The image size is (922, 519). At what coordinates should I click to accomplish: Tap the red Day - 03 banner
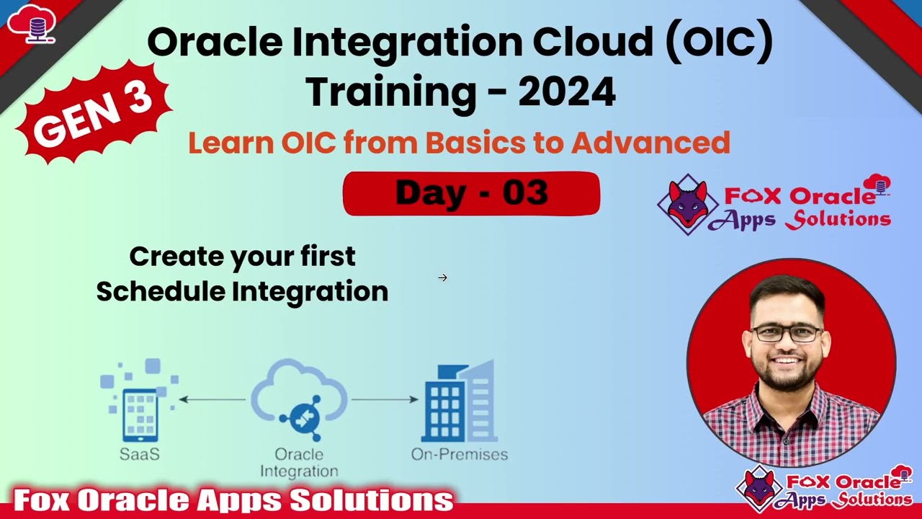471,193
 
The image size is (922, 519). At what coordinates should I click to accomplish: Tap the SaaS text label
140,455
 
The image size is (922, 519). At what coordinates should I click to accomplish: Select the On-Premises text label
459,455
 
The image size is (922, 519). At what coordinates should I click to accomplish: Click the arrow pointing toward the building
385,399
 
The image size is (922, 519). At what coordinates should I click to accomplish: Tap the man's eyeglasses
787,333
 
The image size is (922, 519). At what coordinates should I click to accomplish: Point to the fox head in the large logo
687,204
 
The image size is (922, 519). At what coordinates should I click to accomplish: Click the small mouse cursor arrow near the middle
442,278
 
